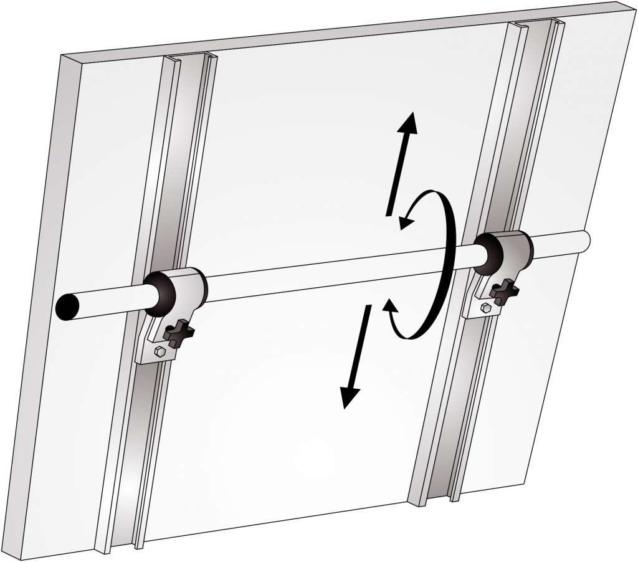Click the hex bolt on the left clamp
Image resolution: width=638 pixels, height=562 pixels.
tap(160, 352)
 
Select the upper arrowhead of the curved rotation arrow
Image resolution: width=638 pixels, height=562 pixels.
tap(407, 219)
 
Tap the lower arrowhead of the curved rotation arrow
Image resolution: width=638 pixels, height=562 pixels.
tap(389, 306)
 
